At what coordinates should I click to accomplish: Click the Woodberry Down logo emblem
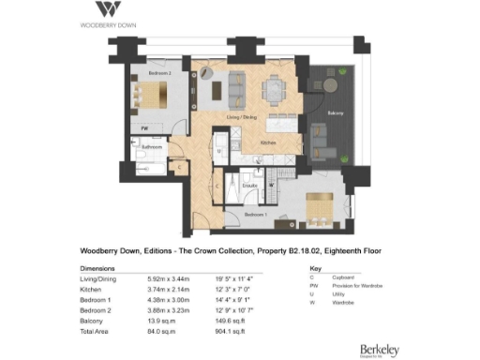tap(108, 9)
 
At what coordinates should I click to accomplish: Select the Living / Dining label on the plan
tap(241, 116)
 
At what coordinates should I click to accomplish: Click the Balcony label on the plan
tap(335, 113)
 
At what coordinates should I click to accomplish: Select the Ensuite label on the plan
tap(250, 186)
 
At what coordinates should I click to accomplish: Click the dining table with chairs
tap(272, 89)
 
